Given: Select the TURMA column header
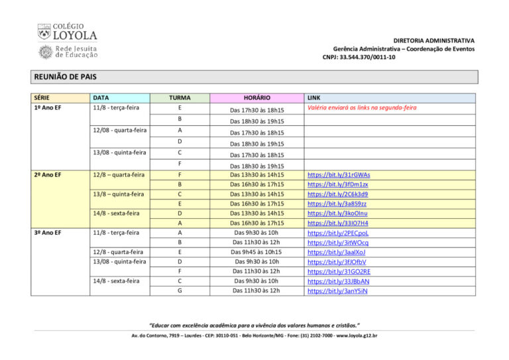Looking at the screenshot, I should pyautogui.click(x=180, y=97).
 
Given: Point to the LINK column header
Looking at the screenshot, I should pyautogui.click(x=314, y=97).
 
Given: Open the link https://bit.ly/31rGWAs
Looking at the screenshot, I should pyautogui.click(x=339, y=175).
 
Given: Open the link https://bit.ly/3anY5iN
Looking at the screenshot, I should pyautogui.click(x=338, y=290).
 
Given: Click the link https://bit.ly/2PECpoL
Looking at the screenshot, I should pyautogui.click(x=338, y=233).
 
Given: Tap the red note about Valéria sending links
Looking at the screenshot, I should pyautogui.click(x=362, y=107).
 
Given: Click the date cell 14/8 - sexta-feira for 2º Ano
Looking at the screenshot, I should pyautogui.click(x=116, y=213).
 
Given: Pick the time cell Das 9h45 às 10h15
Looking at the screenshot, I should pyautogui.click(x=256, y=252).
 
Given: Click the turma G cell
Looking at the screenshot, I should pyautogui.click(x=180, y=290).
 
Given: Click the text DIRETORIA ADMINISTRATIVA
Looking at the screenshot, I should pyautogui.click(x=433, y=40).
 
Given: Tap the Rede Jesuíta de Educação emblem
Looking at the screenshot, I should pyautogui.click(x=45, y=52).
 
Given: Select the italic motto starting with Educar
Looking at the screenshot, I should pyautogui.click(x=255, y=325).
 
